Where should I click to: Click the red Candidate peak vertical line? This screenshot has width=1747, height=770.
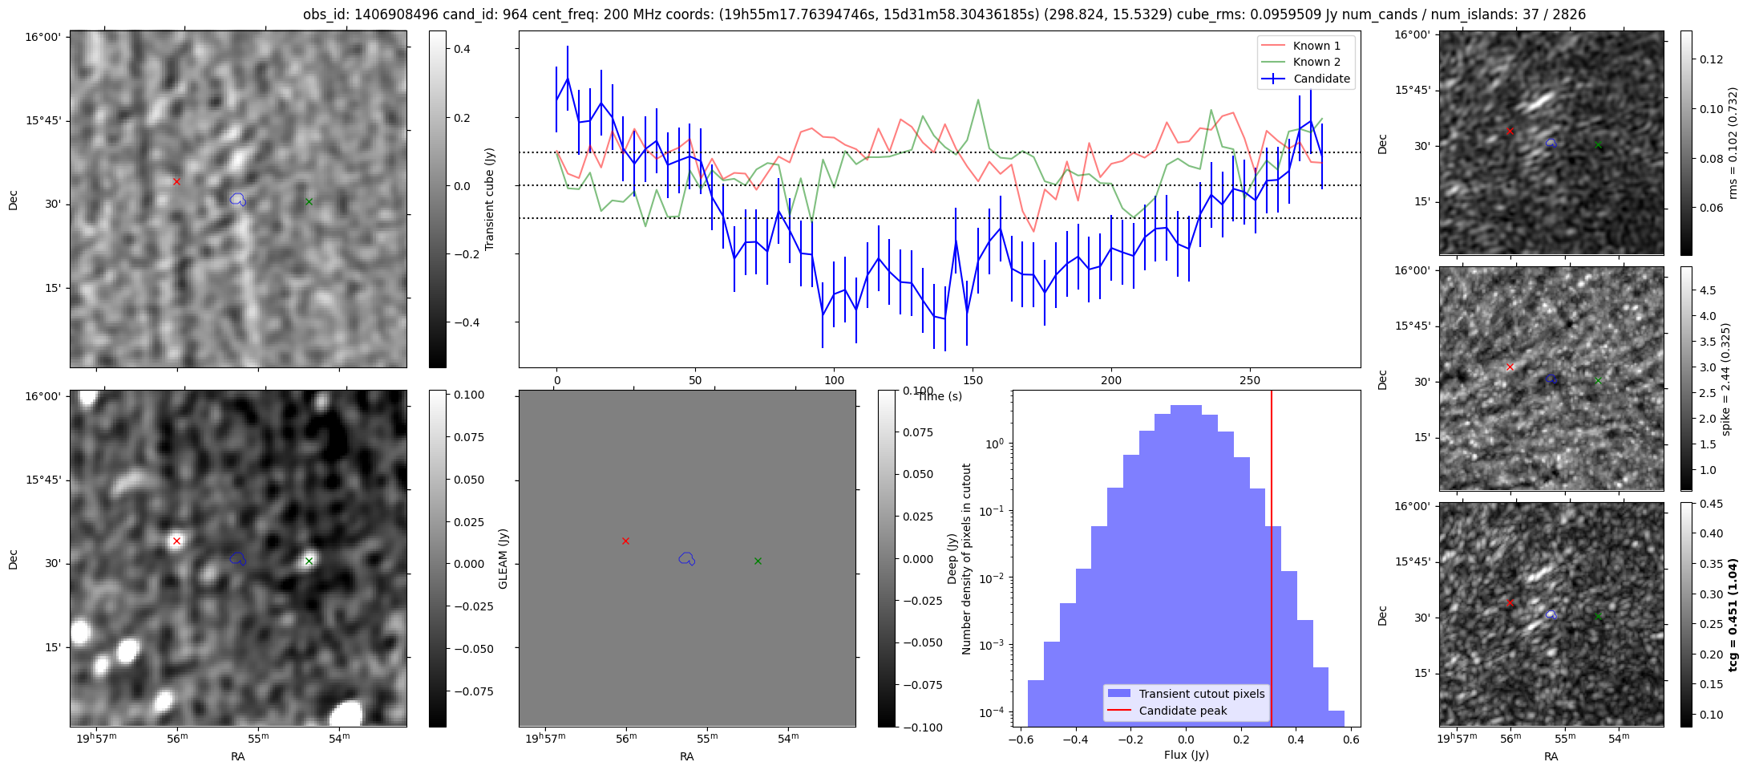pos(1272,561)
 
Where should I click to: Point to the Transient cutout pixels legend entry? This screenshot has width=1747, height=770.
pos(1201,694)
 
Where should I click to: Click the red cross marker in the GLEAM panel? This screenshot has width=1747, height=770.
pos(625,541)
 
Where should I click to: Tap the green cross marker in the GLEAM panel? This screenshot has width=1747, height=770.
pos(758,561)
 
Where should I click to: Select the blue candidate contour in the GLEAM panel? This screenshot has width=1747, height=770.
pos(686,558)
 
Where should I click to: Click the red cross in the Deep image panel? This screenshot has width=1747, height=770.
pos(176,541)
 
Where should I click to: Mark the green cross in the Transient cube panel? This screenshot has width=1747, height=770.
pos(309,201)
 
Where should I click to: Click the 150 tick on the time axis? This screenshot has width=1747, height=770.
pos(973,380)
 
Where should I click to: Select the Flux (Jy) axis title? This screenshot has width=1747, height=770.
pos(1186,755)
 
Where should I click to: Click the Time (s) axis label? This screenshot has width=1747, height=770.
pos(940,396)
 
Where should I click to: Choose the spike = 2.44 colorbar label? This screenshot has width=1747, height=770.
pos(1726,379)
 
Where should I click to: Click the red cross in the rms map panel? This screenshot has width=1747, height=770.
pos(1510,131)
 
